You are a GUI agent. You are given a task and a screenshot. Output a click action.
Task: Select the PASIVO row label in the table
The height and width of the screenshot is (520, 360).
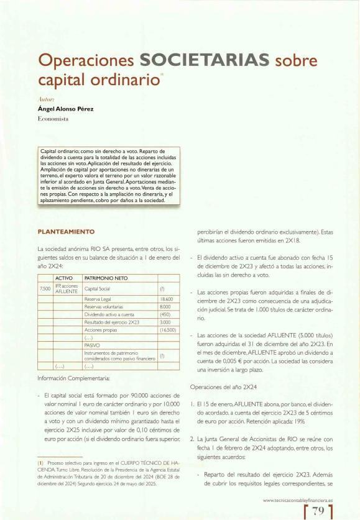click(92, 347)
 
